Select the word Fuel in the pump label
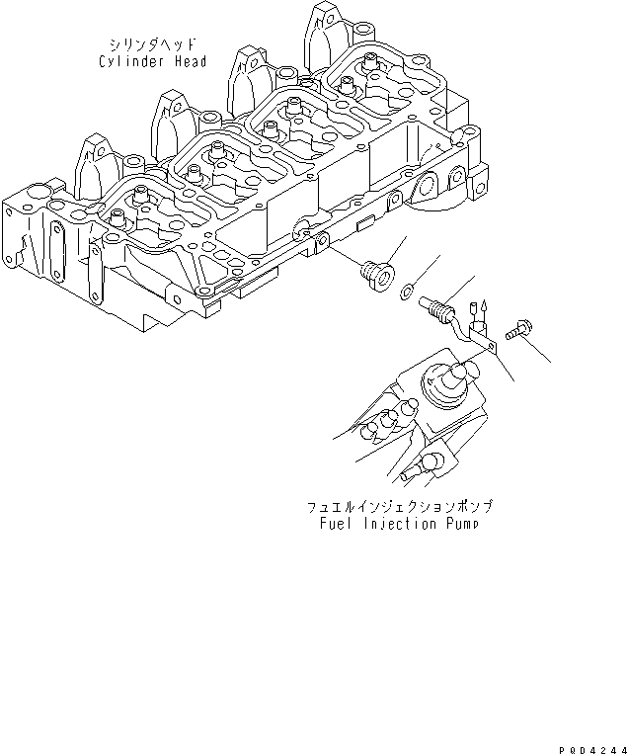coord(336,523)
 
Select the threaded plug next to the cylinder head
coord(375,269)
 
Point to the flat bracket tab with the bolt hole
coord(482,342)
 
